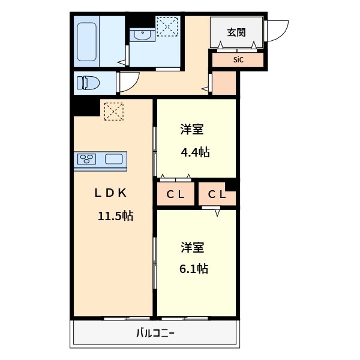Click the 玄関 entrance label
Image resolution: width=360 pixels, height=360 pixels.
tap(236, 32)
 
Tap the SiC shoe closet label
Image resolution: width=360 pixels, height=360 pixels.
tap(238, 60)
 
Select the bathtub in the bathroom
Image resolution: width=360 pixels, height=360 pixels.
tap(86, 41)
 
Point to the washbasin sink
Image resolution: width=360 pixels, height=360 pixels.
tap(142, 35)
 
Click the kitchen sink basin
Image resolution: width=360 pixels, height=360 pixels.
tap(114, 160)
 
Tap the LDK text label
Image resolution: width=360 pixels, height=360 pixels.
tap(110, 193)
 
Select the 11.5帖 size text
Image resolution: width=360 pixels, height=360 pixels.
tap(116, 216)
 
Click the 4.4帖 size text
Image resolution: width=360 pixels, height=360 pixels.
tap(195, 152)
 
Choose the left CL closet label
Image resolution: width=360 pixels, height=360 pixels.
tap(176, 194)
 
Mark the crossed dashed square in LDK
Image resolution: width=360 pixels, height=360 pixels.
tap(113, 111)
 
